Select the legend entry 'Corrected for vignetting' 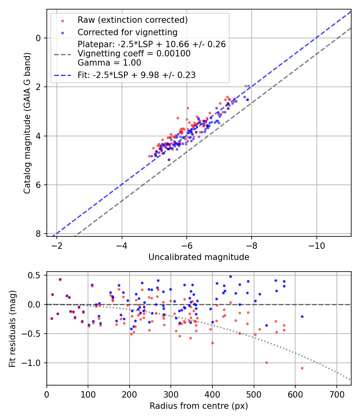pyautogui.click(x=128, y=32)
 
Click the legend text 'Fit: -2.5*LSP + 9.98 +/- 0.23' pyautogui.click(x=136, y=75)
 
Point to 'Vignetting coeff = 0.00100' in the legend pyautogui.click(x=134, y=54)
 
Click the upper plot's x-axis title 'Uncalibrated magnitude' pyautogui.click(x=199, y=257)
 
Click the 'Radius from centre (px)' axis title pyautogui.click(x=199, y=406)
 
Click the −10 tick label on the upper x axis pyautogui.click(x=316, y=244)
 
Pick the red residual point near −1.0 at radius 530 pyautogui.click(x=266, y=362)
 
